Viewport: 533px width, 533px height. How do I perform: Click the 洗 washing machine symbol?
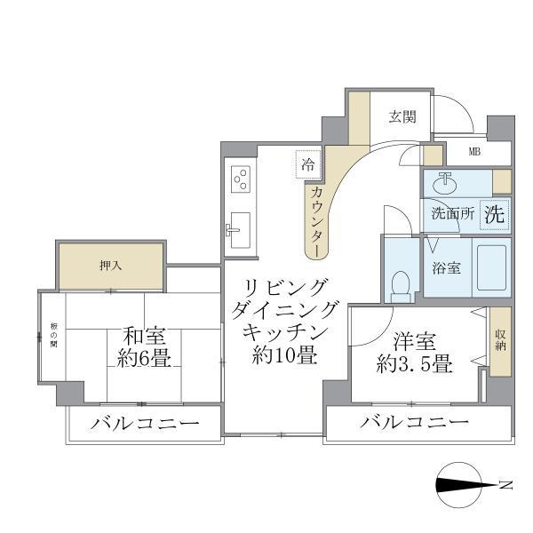[495, 214]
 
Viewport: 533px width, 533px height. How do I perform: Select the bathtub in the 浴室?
[490, 266]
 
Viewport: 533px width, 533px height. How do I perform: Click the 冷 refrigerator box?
[307, 163]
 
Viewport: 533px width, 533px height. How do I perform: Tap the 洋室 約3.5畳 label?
[415, 352]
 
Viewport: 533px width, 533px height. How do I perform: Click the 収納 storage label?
[501, 338]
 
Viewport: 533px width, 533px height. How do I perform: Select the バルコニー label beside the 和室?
[144, 424]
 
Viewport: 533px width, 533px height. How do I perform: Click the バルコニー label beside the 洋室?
[414, 423]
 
